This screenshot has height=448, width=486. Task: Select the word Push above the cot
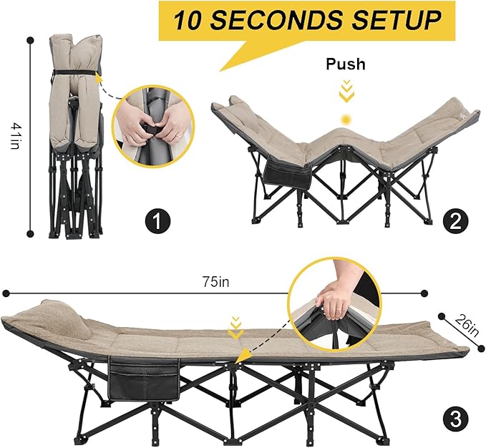[x=346, y=64]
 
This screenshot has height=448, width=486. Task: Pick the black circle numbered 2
[x=456, y=222]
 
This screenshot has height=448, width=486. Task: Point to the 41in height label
[x=15, y=136]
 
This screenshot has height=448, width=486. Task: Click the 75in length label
[x=216, y=282]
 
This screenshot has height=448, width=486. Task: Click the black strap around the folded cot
[x=74, y=72]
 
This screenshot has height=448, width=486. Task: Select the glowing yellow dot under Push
[x=346, y=120]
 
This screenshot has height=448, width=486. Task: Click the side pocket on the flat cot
[x=144, y=379]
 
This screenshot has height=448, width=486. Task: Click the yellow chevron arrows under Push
[x=346, y=91]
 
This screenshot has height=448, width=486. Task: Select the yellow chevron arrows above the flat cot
[x=236, y=328]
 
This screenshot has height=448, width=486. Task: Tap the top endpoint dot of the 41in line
[x=30, y=40]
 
